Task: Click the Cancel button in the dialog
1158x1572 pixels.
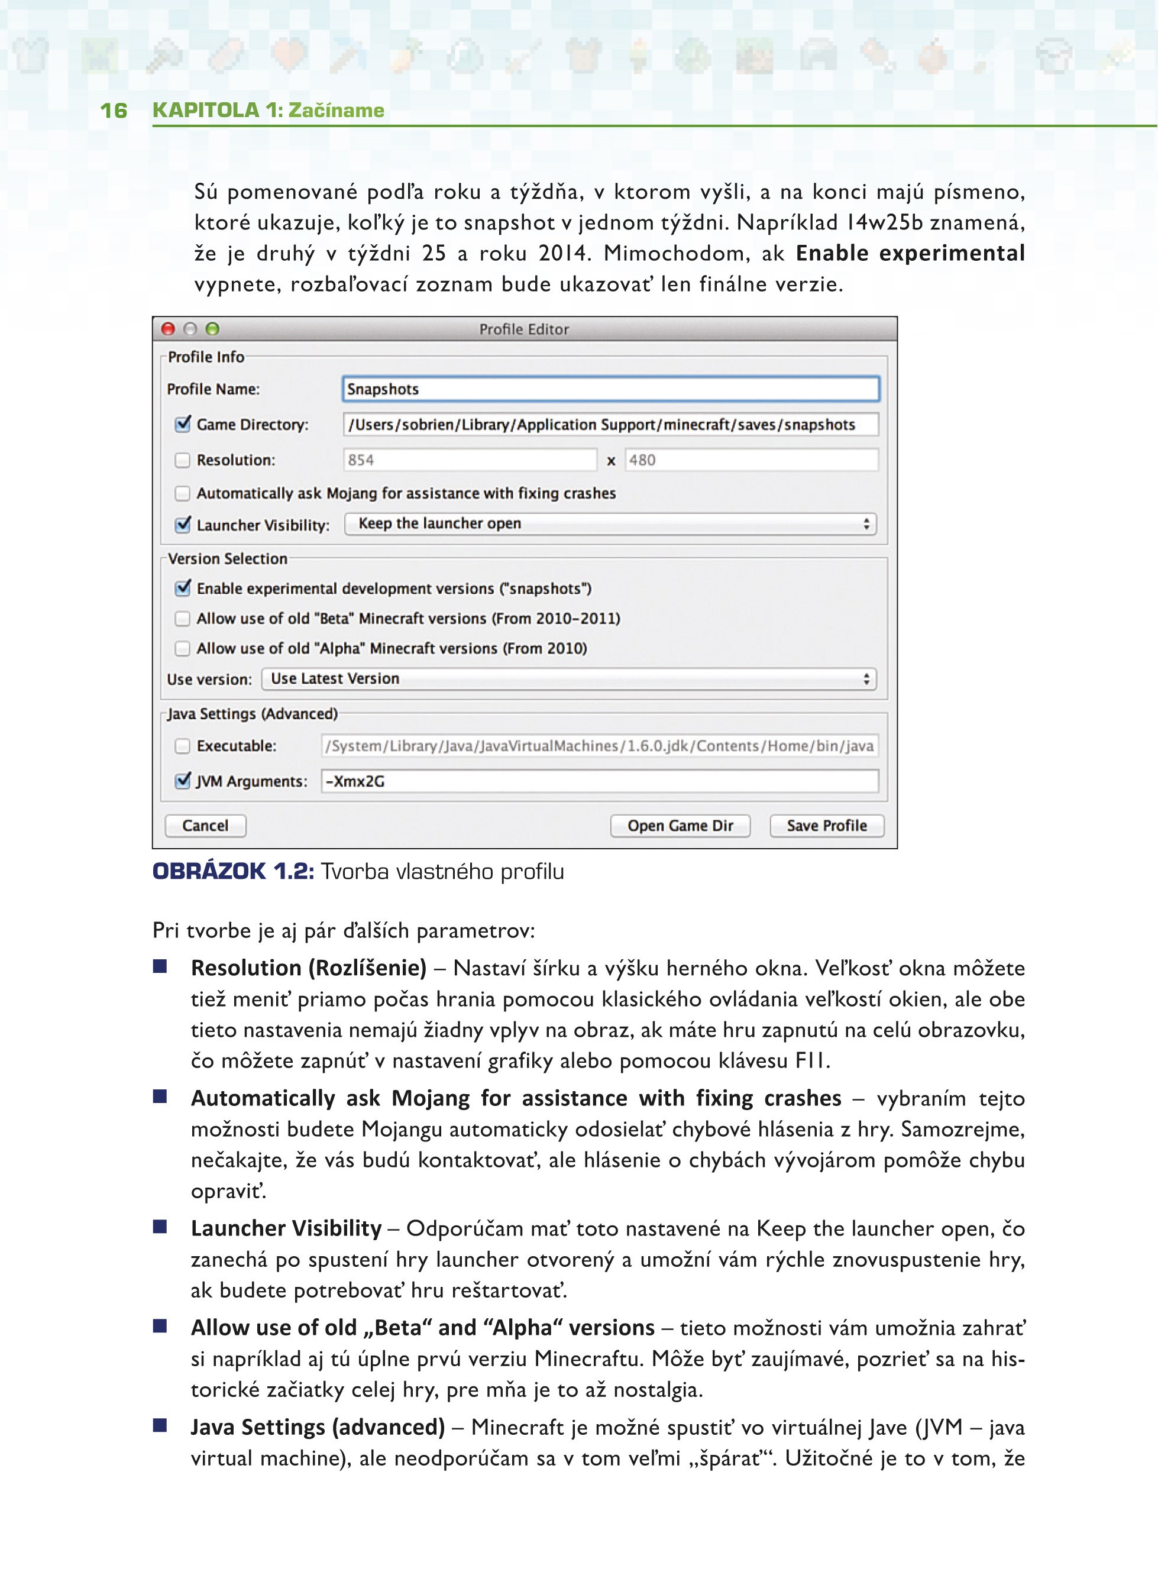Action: [x=205, y=826]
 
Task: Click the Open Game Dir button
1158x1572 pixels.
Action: [x=680, y=826]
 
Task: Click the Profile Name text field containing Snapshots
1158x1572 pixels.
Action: [x=610, y=389]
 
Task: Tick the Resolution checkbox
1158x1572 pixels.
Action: [x=182, y=461]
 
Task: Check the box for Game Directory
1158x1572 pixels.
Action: [x=183, y=424]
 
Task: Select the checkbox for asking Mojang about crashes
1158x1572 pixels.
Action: [x=182, y=493]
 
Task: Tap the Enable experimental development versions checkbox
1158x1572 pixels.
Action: [x=183, y=588]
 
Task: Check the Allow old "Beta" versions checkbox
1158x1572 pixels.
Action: [x=182, y=618]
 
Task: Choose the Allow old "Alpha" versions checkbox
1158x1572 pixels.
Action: [x=182, y=648]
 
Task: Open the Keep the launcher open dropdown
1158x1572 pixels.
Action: [x=610, y=523]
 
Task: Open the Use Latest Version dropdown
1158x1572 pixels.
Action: [x=568, y=678]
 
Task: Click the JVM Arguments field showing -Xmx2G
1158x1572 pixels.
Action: [x=599, y=781]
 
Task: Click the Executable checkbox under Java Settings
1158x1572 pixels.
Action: [x=182, y=746]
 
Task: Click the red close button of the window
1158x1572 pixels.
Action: [x=168, y=329]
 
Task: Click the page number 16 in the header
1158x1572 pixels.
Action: [x=114, y=110]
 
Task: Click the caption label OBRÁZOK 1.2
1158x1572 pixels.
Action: [x=232, y=871]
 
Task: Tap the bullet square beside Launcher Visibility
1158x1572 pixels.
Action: [x=160, y=1227]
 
